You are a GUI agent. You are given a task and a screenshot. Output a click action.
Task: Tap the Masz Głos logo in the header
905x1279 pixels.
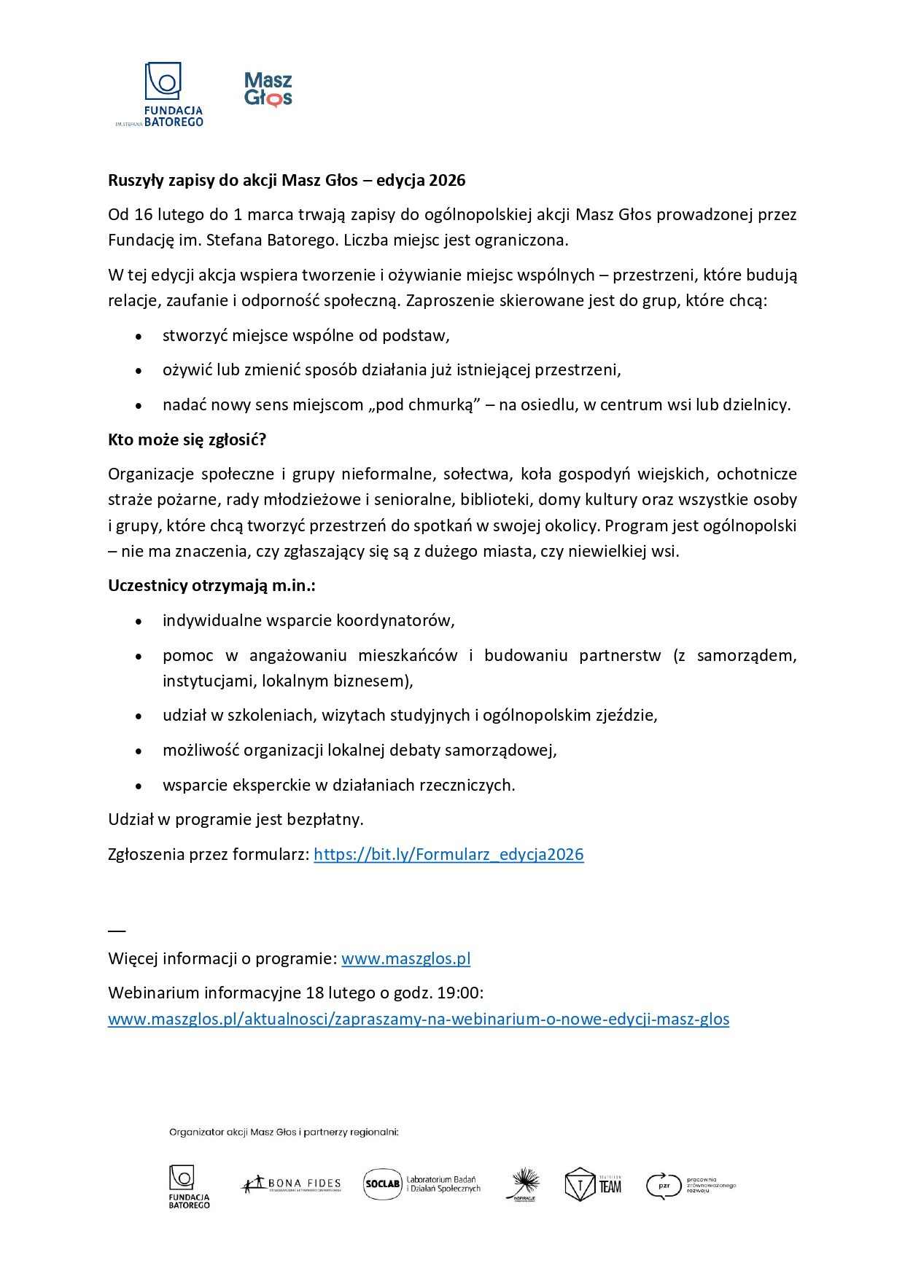coord(268,90)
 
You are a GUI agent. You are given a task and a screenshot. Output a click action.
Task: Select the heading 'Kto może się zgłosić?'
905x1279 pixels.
coord(187,439)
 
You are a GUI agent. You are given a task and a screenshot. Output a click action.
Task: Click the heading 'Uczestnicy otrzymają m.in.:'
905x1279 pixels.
coord(211,585)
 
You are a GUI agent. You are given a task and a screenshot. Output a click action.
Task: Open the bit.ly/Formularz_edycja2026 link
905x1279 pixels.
coord(448,854)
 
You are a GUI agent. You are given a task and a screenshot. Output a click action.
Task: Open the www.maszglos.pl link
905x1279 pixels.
coord(405,958)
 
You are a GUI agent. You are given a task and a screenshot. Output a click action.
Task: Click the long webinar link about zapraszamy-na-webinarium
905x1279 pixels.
coord(419,1019)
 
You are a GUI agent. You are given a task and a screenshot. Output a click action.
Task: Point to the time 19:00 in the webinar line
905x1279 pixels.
coord(460,993)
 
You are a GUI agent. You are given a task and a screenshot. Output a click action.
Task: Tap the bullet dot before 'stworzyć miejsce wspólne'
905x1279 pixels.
coord(139,337)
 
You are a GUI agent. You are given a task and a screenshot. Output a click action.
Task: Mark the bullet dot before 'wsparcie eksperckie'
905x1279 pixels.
coord(139,786)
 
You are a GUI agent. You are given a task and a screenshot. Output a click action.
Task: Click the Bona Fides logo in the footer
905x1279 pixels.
coord(291,1184)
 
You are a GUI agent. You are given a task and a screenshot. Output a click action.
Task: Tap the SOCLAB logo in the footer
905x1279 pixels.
coord(422,1184)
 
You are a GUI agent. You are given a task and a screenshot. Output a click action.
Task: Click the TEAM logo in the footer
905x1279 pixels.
coord(594,1184)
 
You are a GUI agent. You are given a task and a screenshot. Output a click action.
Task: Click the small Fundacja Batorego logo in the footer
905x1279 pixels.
coord(188,1186)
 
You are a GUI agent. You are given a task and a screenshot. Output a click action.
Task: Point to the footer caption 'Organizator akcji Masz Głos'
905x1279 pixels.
coord(284,1132)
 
